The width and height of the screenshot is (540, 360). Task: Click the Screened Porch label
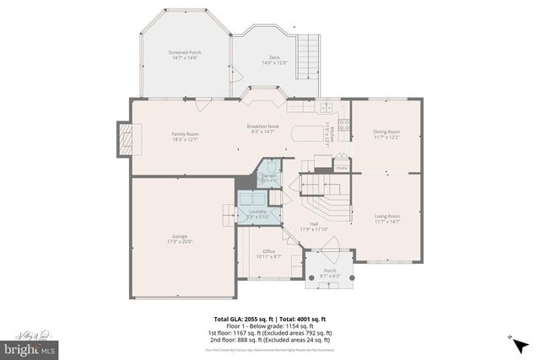(184, 55)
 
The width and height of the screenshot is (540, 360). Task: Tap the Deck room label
(274, 60)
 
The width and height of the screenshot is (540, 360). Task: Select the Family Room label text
(186, 137)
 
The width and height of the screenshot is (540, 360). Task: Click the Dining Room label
(387, 134)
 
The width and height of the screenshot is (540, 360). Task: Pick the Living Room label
(387, 218)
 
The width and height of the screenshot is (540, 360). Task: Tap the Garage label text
(181, 238)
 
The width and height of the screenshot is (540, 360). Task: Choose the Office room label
(268, 254)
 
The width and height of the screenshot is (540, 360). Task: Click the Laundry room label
(257, 214)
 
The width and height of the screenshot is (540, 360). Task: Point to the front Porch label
(330, 272)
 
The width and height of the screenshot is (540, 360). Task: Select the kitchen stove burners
(344, 131)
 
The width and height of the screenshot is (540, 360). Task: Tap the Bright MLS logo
(30, 347)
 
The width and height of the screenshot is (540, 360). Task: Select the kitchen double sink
(298, 107)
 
